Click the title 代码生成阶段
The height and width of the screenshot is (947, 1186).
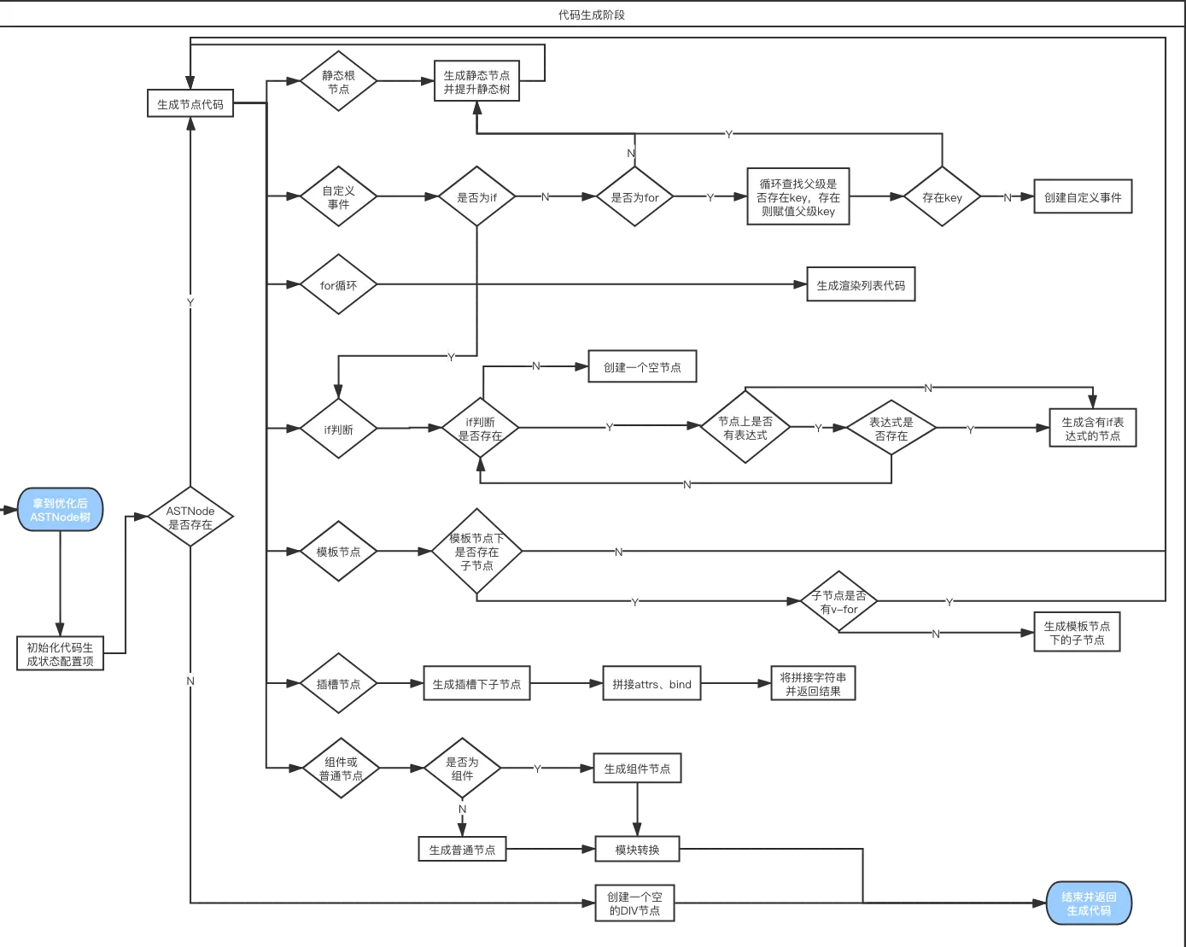tap(592, 15)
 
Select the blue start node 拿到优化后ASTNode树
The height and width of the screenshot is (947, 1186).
tap(60, 510)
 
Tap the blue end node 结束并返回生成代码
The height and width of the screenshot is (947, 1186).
tap(1089, 903)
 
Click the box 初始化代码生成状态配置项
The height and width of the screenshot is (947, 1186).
tap(60, 654)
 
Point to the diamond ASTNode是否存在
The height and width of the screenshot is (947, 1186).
tap(190, 517)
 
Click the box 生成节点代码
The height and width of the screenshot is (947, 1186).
tap(190, 104)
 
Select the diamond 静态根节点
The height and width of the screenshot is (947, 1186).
tap(338, 82)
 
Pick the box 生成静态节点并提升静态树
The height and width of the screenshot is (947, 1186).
tap(476, 82)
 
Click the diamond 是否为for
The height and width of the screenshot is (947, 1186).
tap(634, 197)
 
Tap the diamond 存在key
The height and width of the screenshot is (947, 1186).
tap(942, 197)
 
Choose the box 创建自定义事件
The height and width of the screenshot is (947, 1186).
tap(1083, 197)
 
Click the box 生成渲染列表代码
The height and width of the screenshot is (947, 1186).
tap(861, 285)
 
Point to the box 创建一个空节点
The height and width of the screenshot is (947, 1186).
tap(642, 367)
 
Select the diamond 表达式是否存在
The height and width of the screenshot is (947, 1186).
tap(891, 429)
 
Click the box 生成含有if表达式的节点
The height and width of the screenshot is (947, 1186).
tap(1092, 429)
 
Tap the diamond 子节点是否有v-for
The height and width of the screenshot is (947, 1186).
tap(838, 602)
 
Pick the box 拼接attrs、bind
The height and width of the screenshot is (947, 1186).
tap(651, 684)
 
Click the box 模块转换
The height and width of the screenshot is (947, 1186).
tap(637, 850)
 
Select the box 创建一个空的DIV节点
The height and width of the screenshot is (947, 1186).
tap(634, 903)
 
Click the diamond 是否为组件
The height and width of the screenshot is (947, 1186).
tap(462, 769)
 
